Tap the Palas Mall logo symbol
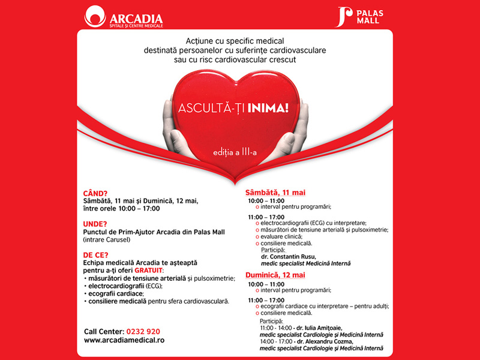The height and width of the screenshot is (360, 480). click(x=343, y=17)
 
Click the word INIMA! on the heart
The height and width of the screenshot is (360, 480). click(x=268, y=109)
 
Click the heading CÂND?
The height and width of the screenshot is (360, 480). click(x=95, y=193)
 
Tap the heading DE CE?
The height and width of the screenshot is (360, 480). click(x=97, y=254)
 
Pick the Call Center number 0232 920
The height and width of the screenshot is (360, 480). click(x=142, y=331)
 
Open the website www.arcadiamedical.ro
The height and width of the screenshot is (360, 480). click(x=124, y=340)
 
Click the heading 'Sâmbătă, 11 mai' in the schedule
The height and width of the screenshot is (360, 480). click(x=275, y=193)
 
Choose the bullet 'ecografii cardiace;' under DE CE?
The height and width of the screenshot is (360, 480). click(x=115, y=293)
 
